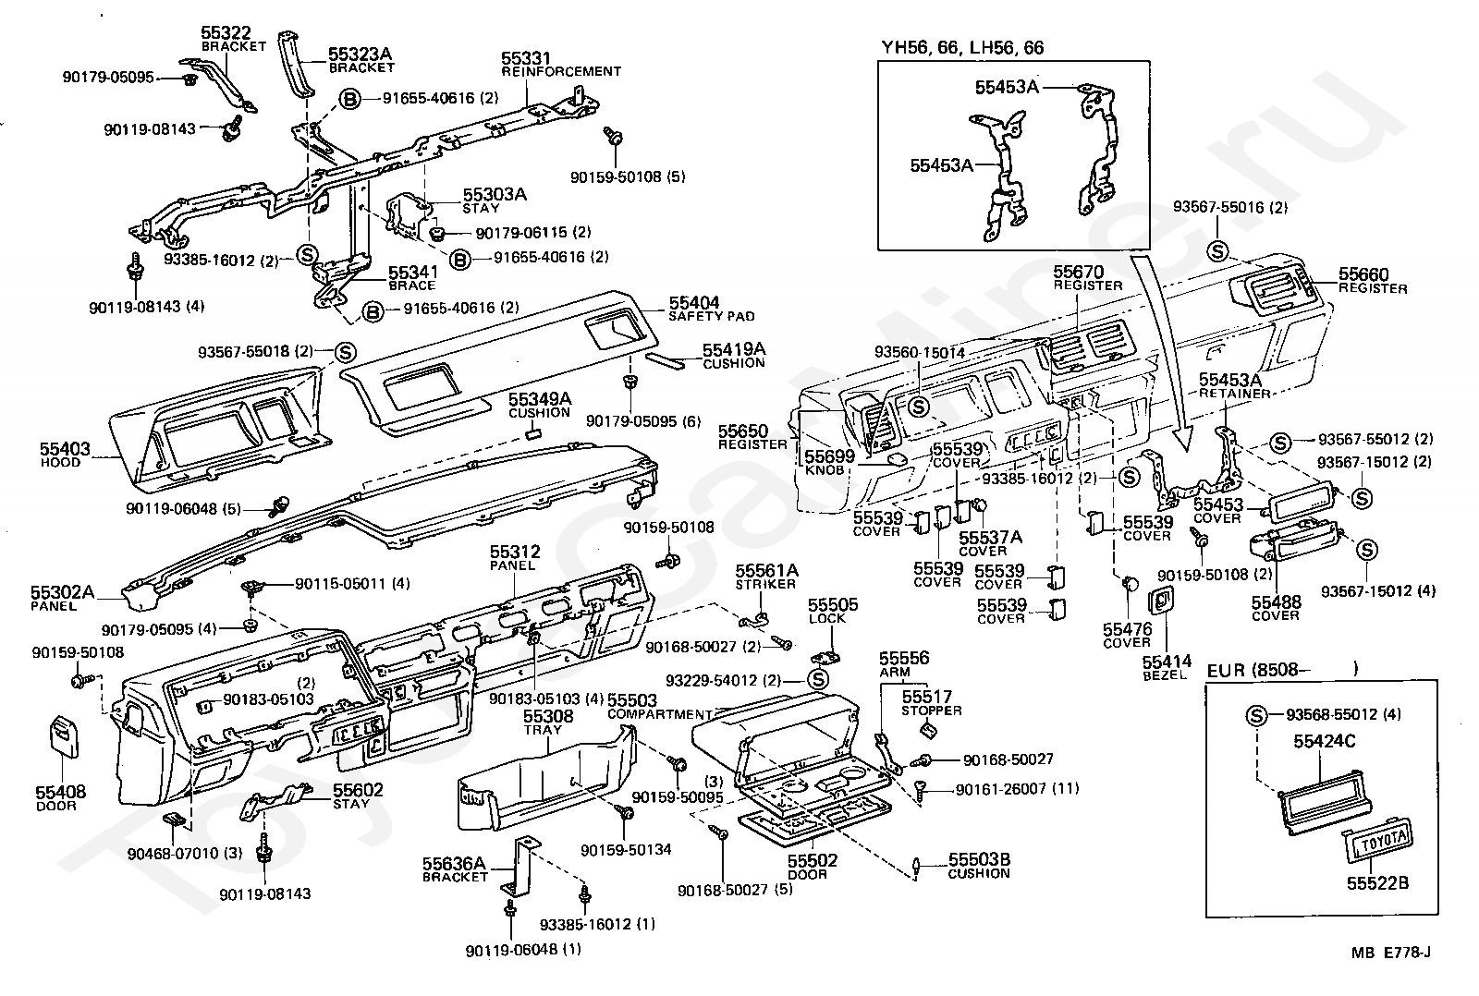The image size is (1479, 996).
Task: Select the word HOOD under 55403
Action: (x=61, y=463)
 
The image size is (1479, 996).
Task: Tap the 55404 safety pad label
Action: (x=694, y=303)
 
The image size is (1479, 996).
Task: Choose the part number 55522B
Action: (x=1377, y=883)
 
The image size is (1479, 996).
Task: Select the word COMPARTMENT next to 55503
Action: (x=660, y=714)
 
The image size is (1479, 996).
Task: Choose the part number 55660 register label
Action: (x=1363, y=274)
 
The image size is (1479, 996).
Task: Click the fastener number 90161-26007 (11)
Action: (x=1017, y=789)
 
